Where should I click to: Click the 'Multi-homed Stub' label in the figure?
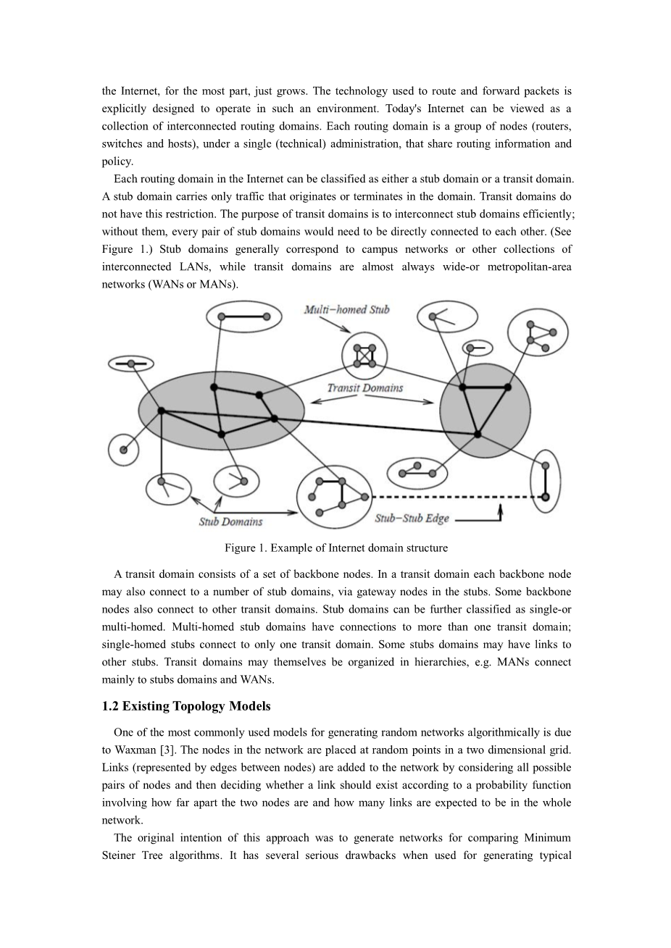(346, 310)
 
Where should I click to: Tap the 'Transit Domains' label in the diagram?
(364, 388)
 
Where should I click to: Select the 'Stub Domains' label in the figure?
(230, 521)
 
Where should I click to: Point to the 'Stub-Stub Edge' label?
(412, 519)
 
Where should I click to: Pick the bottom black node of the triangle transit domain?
(478, 434)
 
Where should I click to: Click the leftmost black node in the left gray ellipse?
(162, 411)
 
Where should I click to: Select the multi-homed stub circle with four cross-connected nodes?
(364, 356)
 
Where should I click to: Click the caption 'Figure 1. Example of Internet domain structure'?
(336, 548)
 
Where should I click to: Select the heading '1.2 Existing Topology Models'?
(186, 706)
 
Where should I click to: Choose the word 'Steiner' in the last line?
(138, 855)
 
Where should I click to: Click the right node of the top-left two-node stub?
(267, 316)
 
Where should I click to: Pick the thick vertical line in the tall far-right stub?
(546, 478)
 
